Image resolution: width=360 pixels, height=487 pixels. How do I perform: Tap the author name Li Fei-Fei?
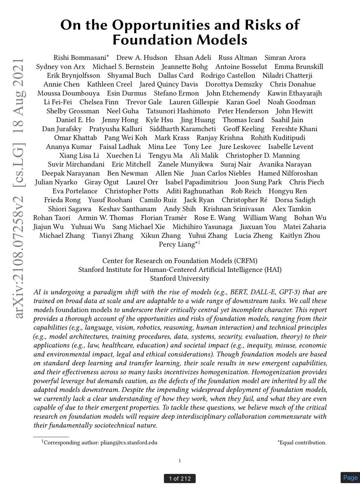click(x=58, y=102)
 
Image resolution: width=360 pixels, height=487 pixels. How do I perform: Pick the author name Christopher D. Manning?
click(x=262, y=155)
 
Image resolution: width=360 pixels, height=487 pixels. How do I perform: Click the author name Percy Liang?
click(x=177, y=244)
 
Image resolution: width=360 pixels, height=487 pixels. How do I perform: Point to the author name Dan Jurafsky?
click(x=62, y=129)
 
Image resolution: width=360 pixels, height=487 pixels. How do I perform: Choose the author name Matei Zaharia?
click(x=304, y=227)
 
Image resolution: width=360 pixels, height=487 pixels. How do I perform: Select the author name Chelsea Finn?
click(x=99, y=102)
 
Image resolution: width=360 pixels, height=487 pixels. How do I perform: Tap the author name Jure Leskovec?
click(x=240, y=147)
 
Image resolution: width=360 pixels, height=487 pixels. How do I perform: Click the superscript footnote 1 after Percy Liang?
click(x=199, y=243)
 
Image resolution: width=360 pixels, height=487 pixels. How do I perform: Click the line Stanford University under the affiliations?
click(x=180, y=279)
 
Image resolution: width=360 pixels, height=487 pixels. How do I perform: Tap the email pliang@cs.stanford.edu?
click(x=129, y=443)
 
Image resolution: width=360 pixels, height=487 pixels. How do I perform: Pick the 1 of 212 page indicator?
click(x=180, y=478)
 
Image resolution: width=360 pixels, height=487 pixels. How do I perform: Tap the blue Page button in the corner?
click(x=350, y=478)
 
